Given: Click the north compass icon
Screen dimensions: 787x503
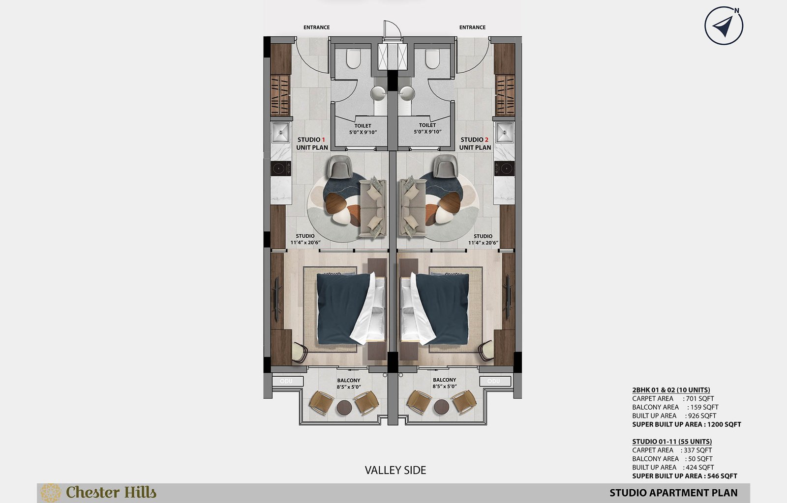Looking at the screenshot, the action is click(724, 26).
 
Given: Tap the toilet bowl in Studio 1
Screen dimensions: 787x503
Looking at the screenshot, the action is click(354, 58).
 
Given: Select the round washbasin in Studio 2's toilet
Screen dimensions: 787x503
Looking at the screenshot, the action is click(407, 93).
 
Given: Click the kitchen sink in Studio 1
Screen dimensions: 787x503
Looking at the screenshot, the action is click(281, 132).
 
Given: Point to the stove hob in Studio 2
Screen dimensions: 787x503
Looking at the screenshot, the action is click(505, 168).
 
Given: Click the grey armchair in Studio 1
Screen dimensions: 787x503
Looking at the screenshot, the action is click(339, 166).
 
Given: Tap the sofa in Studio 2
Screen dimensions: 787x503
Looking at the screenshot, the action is click(413, 207).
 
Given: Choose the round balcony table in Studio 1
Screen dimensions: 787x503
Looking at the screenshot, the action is click(344, 407).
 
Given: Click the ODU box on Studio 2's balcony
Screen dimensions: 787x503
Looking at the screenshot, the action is click(495, 381).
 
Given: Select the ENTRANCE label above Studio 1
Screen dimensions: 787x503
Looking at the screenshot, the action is click(317, 28).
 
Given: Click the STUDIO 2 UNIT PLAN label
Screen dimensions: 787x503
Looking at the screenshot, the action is click(475, 143).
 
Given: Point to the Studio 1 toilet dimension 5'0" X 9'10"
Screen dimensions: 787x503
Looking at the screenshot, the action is click(363, 132).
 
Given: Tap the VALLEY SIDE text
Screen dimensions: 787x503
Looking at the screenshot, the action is click(395, 470).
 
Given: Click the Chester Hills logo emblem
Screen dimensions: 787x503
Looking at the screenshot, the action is click(51, 493).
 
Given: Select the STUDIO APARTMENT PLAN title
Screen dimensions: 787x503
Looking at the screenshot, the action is click(673, 493).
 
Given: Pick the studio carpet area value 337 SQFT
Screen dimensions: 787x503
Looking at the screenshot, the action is click(698, 450).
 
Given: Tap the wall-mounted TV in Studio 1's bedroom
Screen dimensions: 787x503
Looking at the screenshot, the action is click(276, 299).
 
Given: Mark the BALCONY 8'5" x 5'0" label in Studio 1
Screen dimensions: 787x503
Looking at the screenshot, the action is click(349, 383).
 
